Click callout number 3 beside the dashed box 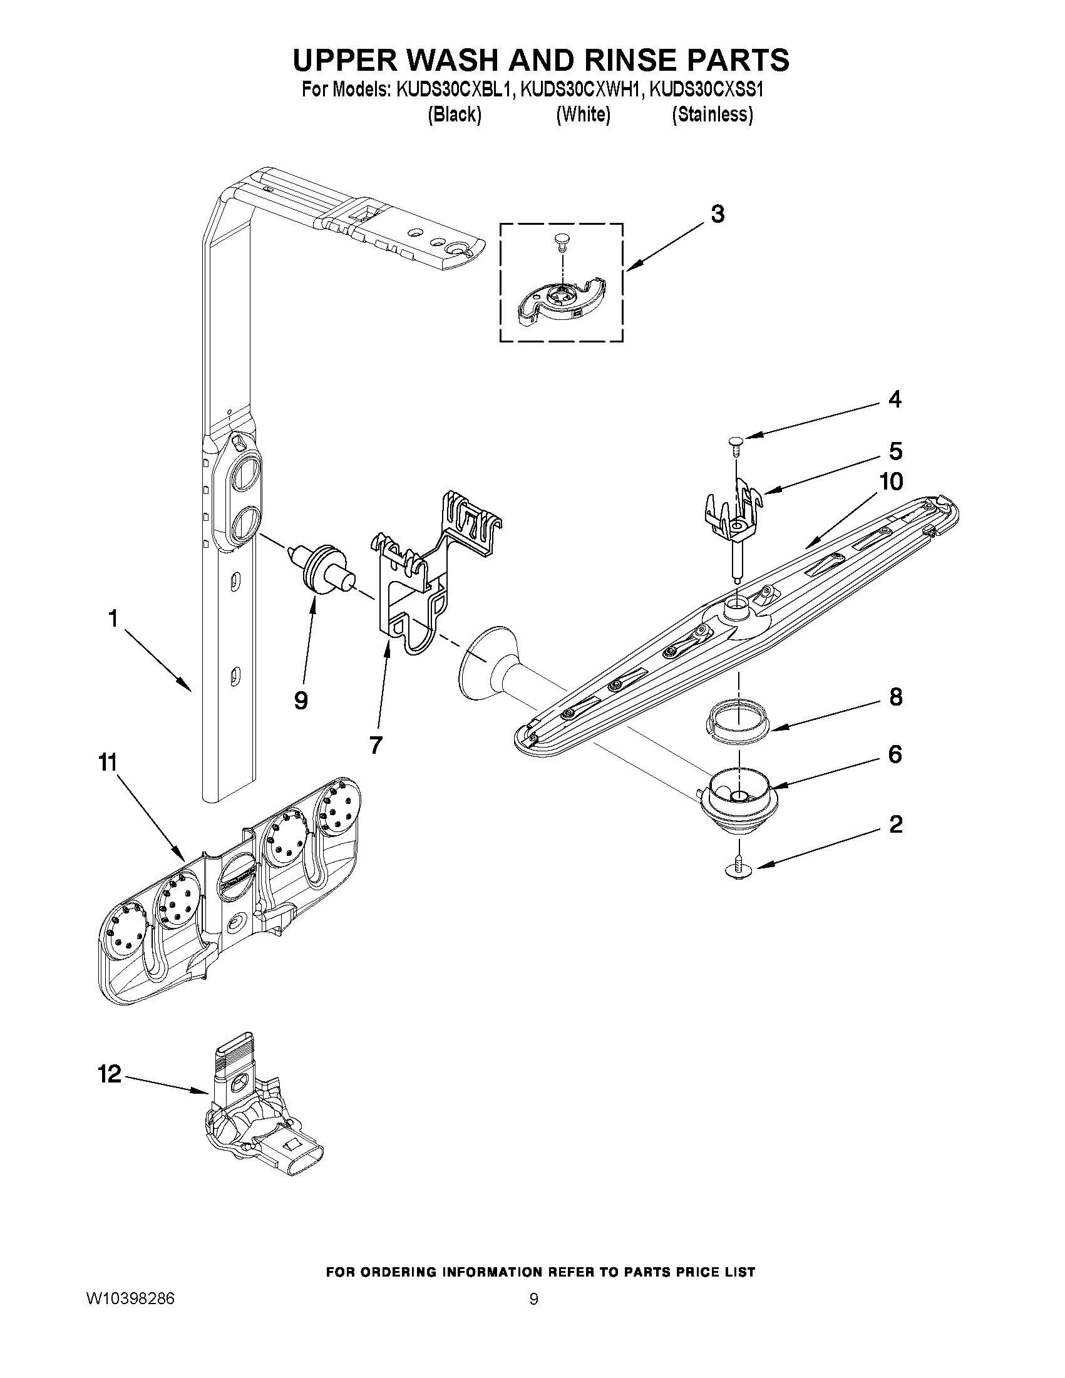click(x=718, y=215)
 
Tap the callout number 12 click(x=109, y=1074)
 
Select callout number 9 click(x=301, y=700)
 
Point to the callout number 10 click(x=891, y=481)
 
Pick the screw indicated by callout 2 click(x=739, y=871)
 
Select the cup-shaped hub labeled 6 click(x=739, y=796)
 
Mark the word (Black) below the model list click(x=455, y=115)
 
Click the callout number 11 click(x=107, y=763)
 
